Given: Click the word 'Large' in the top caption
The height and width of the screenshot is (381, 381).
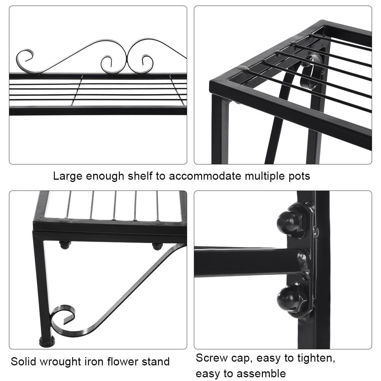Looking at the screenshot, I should pos(68,176).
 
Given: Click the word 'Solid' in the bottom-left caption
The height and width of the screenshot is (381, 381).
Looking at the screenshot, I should pos(25,361).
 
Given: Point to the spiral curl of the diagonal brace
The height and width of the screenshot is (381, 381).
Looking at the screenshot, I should pos(62,316).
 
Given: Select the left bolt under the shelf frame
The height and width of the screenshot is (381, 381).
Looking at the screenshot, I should pos(65,244).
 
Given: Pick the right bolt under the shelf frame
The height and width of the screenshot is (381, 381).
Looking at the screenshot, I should pos(157,246).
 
